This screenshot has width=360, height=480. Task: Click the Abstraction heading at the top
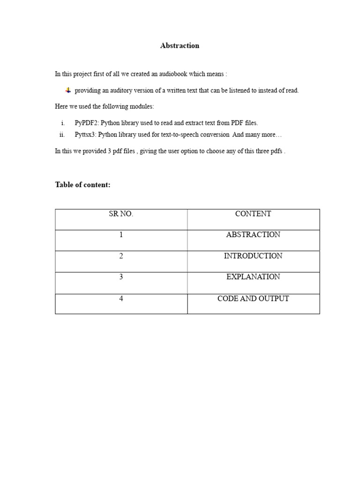(x=180, y=45)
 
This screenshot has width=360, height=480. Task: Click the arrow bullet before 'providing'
(x=68, y=90)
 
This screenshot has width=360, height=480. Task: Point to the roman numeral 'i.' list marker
(x=63, y=123)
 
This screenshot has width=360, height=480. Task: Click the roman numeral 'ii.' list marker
(x=62, y=135)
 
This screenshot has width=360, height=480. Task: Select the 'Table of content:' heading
(x=83, y=185)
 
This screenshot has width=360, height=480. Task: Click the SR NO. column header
(x=121, y=214)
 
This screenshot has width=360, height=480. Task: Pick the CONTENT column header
(x=253, y=214)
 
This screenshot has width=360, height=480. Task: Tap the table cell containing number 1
(x=121, y=235)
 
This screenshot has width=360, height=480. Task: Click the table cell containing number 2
(x=121, y=256)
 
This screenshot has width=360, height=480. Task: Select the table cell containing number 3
(x=121, y=277)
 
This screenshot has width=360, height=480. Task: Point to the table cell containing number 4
(x=121, y=299)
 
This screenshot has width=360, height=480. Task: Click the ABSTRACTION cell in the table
(x=253, y=235)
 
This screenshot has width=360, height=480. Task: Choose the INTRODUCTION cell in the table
(x=253, y=256)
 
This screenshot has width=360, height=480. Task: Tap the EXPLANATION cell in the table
(x=253, y=277)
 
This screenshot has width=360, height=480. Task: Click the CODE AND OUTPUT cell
(x=253, y=299)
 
